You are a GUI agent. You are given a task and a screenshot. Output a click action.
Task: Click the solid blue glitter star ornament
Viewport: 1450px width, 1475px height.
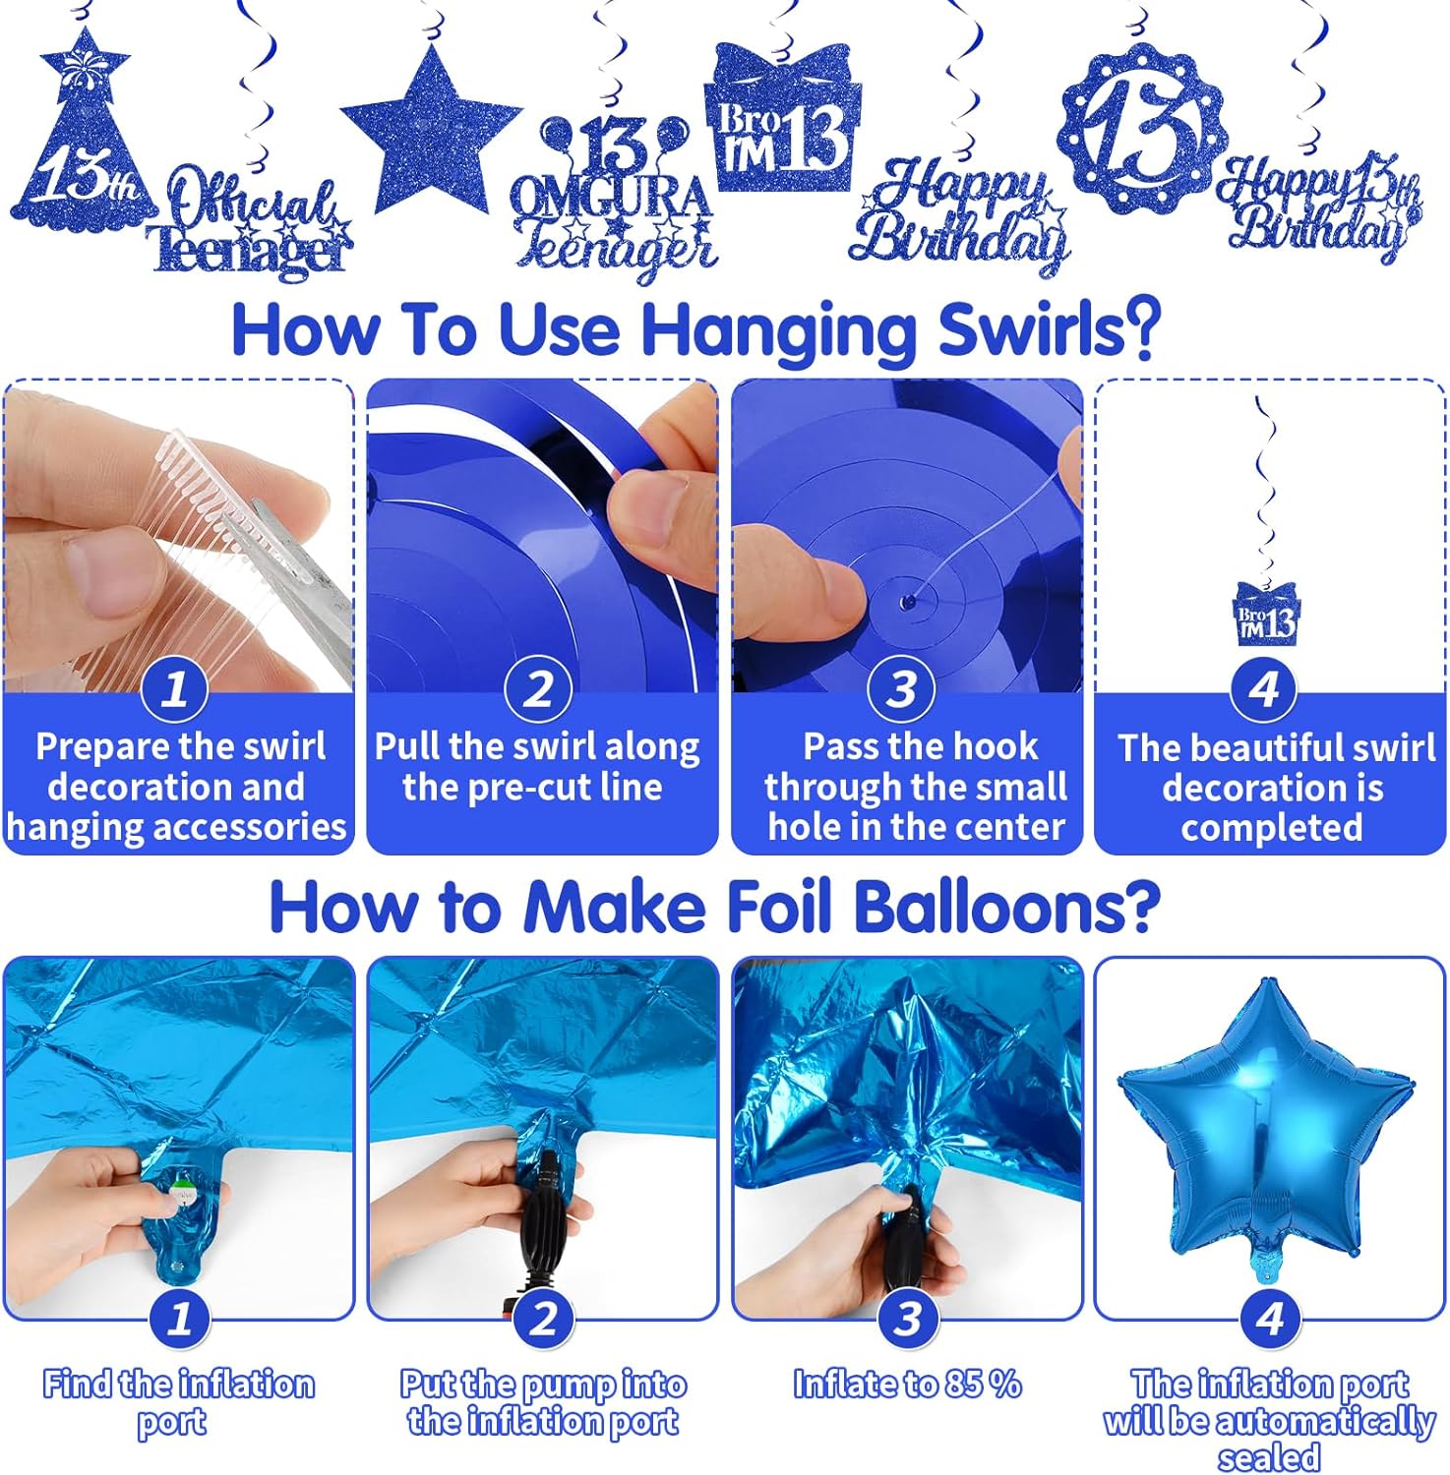tap(431, 126)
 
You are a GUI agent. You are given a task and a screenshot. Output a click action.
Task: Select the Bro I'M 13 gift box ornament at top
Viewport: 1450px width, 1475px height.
tap(783, 118)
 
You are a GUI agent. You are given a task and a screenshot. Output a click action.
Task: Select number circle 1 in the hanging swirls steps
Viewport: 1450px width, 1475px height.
tap(175, 688)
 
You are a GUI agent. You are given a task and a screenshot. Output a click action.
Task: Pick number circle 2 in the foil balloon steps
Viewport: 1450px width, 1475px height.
tap(544, 1318)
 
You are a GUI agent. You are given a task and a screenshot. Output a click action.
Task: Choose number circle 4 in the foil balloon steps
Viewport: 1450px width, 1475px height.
tap(1270, 1318)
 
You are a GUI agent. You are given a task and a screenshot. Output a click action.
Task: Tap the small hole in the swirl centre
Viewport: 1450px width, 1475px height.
tap(908, 600)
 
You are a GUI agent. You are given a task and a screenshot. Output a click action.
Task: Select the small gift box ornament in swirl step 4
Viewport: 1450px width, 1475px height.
tap(1267, 615)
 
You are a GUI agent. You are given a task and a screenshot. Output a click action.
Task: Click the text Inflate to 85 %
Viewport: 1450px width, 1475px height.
tap(907, 1385)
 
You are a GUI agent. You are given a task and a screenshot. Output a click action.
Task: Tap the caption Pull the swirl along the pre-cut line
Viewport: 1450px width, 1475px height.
tap(537, 767)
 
